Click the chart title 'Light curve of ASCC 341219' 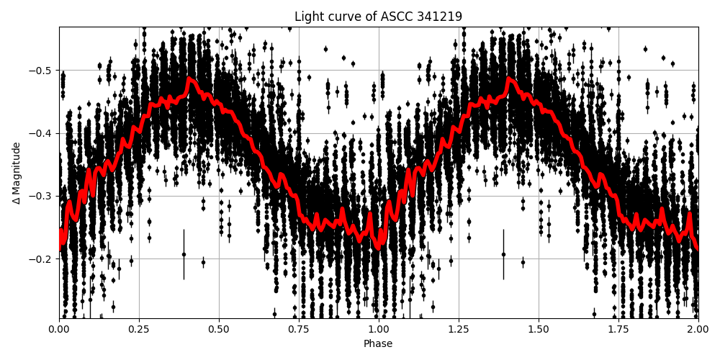coord(378,17)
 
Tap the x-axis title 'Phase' coord(378,343)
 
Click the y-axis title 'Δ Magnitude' coord(17,173)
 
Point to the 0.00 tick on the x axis coord(59,329)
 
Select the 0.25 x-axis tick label coord(139,329)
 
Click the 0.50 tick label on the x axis coord(219,329)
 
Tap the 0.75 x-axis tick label coord(299,329)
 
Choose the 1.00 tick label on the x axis coord(379,329)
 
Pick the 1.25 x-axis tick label coord(459,329)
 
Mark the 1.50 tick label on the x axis coord(539,329)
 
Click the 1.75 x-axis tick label coord(618,329)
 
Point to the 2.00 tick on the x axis coord(698,329)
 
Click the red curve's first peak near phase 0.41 coord(190,78)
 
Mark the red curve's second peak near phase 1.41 coord(510,78)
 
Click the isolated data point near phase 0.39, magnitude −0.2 coord(184,254)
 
